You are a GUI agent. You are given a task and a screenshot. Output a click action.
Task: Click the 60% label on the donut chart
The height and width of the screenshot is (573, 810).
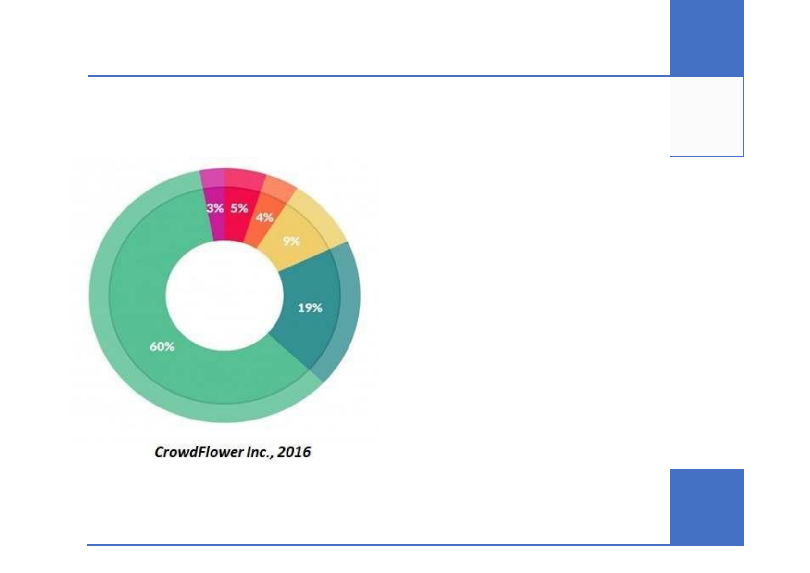pos(162,346)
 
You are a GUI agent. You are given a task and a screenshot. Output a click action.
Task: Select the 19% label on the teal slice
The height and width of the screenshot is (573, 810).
pos(310,308)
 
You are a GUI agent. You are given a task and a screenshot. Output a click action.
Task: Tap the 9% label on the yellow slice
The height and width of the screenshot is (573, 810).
pos(291,241)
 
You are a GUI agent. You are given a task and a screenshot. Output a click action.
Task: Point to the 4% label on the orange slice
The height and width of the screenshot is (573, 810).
pos(264,217)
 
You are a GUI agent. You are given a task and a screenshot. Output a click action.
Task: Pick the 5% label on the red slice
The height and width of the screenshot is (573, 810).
pos(239,208)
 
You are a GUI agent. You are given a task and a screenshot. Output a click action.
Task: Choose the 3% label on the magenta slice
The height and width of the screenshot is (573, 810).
pos(215,208)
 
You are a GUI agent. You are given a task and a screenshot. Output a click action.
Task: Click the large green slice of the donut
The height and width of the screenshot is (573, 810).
pos(145,326)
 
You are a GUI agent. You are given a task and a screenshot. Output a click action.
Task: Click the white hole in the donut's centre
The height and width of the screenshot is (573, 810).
pos(224,295)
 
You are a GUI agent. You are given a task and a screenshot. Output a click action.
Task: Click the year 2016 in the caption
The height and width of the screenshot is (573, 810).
pos(294,452)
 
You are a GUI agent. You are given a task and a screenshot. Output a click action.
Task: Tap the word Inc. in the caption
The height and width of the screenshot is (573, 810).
pos(260,452)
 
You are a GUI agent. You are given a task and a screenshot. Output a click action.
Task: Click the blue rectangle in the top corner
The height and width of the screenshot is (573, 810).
pos(707,38)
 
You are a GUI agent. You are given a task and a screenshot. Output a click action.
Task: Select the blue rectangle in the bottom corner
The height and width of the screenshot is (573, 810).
pos(707,507)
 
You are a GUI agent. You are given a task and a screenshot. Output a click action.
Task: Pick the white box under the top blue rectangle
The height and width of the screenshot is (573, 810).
pos(707,117)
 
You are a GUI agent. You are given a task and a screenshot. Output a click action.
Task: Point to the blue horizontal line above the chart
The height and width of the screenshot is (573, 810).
pos(379,76)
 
